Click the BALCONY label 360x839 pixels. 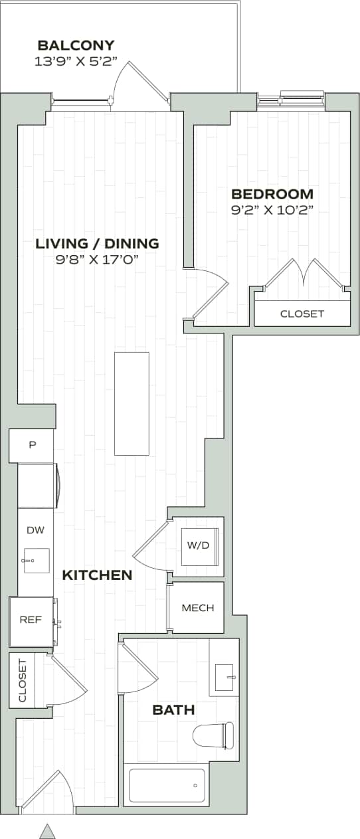tap(76, 45)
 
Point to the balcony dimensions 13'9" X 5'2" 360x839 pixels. tap(76, 61)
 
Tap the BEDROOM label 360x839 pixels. tap(272, 194)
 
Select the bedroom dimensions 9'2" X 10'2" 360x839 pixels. tap(272, 210)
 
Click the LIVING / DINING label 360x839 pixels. tap(97, 243)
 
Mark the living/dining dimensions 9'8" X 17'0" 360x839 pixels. tap(97, 259)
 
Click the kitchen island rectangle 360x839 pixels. tap(132, 403)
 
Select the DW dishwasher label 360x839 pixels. tap(35, 529)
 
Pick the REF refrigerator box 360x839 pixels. tap(31, 620)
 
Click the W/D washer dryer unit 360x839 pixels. tap(198, 546)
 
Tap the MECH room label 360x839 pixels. tap(197, 608)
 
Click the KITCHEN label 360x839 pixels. tap(97, 575)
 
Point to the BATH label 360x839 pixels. tap(173, 710)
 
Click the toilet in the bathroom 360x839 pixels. tap(214, 735)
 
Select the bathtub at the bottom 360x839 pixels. tap(167, 785)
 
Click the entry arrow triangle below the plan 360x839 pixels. tap(47, 830)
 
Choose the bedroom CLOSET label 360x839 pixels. tap(302, 314)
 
